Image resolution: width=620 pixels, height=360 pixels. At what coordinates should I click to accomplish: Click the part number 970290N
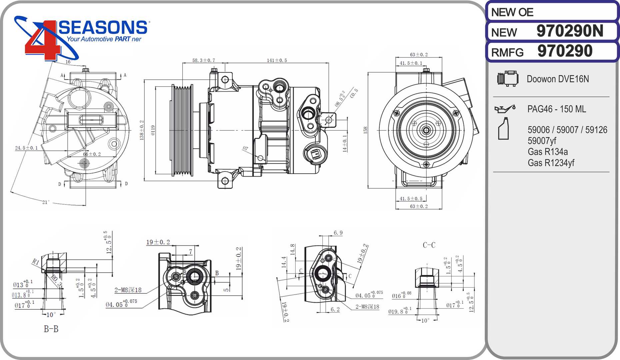tap(570, 31)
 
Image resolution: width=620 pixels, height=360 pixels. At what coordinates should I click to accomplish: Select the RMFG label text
tap(507, 53)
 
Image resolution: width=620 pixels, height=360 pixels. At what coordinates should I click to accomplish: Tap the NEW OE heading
tap(512, 12)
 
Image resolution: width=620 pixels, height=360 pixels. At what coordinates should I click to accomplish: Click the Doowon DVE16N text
tap(558, 79)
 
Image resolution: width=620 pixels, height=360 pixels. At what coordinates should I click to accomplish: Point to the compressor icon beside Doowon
tap(507, 79)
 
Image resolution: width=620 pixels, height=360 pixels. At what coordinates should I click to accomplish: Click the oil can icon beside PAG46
tap(505, 109)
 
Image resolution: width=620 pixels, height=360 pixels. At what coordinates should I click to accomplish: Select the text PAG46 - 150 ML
tap(556, 109)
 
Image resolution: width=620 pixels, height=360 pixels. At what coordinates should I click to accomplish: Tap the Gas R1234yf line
tap(551, 163)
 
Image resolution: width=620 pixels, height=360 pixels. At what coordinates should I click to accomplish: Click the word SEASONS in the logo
tap(103, 27)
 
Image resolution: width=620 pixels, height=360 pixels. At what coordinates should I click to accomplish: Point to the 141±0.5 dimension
tap(277, 60)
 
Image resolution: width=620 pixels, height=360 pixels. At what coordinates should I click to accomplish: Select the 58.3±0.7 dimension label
tap(203, 60)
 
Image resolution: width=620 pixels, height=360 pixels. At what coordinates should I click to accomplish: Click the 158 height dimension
tap(365, 130)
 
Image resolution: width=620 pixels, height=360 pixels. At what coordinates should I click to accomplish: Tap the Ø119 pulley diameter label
tap(153, 130)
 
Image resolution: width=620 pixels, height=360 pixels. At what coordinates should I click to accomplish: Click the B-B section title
tap(51, 329)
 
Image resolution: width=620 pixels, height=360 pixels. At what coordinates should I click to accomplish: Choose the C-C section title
tap(429, 245)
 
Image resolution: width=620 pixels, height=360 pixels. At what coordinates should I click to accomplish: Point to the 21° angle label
tap(46, 202)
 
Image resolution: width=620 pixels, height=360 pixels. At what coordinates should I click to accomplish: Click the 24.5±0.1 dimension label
tap(26, 148)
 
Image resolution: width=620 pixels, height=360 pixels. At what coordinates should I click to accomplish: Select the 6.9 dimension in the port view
tap(338, 233)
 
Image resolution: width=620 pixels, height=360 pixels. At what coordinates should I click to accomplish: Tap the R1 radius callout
tap(36, 262)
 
